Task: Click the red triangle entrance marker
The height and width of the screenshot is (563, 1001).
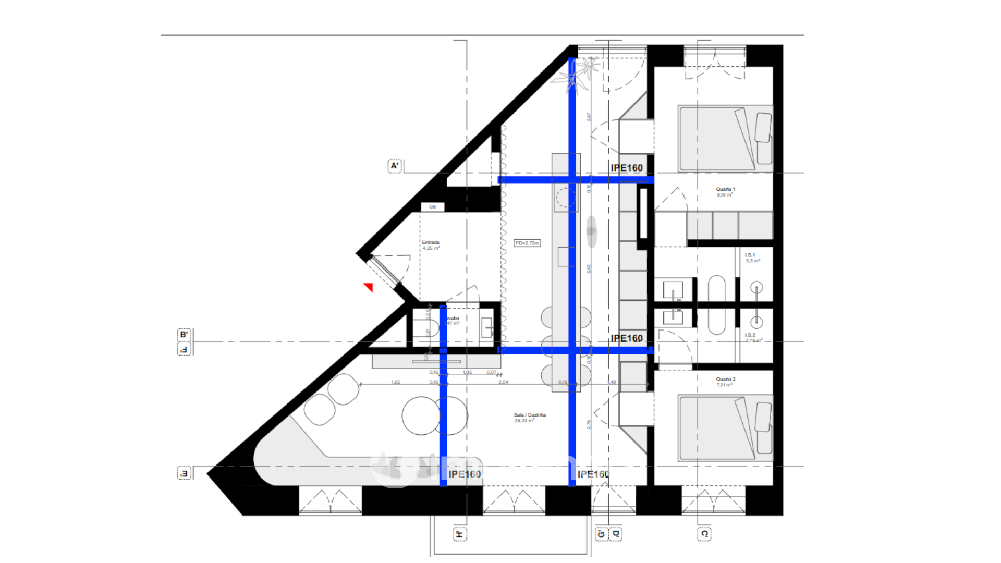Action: point(369,287)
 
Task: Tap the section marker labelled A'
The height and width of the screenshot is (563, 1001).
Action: point(395,166)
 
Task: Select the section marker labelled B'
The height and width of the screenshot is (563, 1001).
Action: point(184,335)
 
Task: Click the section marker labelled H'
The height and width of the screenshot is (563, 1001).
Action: point(459,534)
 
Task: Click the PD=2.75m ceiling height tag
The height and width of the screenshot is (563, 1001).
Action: point(527,243)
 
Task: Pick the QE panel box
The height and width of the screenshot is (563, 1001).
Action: point(433,207)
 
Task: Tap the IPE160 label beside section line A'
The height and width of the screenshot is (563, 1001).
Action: point(627,168)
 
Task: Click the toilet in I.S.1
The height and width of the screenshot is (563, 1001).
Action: point(756,288)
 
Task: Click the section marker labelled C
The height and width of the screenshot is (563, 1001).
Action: point(704,534)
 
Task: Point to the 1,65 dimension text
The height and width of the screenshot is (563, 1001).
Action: point(396,383)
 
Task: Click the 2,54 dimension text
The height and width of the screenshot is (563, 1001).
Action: point(503,383)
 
